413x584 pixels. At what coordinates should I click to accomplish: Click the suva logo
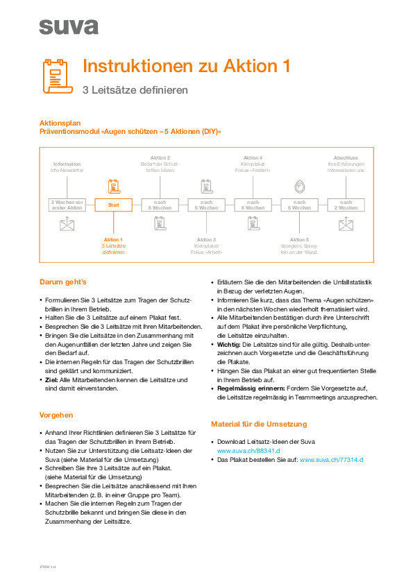(68, 27)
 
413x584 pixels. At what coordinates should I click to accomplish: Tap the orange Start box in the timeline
(113, 205)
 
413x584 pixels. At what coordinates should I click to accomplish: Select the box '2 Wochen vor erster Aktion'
(67, 205)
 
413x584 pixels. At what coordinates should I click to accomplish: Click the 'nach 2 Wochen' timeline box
(346, 205)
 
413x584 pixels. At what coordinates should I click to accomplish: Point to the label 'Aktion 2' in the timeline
(160, 157)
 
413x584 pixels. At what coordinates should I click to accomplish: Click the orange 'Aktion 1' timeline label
(113, 239)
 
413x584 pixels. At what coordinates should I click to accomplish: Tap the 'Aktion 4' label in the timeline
(253, 157)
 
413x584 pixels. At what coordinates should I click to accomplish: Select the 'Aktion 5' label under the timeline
(299, 239)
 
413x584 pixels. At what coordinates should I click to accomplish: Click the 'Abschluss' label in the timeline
(346, 157)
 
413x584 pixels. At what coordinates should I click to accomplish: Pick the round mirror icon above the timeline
(299, 186)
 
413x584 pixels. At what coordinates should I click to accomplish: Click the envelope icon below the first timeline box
(67, 224)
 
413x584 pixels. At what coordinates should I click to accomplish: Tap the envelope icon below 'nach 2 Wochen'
(346, 224)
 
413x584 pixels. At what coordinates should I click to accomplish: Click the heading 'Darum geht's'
(63, 283)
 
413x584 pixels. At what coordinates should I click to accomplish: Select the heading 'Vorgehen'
(58, 415)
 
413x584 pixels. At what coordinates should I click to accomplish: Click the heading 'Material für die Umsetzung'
(259, 424)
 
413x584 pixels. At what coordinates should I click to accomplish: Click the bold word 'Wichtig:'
(232, 345)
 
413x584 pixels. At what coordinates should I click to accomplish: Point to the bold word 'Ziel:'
(53, 380)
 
